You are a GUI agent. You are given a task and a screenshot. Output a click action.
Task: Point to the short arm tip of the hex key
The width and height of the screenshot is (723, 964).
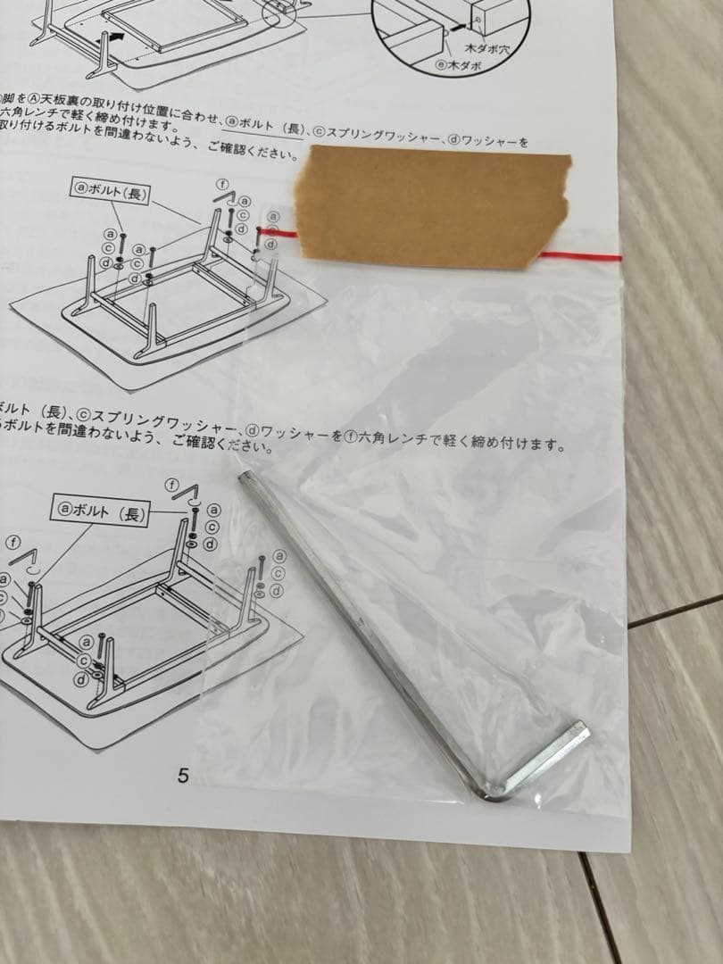581,732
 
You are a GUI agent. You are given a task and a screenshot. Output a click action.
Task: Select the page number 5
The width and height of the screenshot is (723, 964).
183,776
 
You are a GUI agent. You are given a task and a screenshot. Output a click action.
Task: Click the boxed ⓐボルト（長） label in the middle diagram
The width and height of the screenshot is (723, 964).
108,191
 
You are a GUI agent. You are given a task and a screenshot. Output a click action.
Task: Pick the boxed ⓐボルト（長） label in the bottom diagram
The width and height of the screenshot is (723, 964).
100,511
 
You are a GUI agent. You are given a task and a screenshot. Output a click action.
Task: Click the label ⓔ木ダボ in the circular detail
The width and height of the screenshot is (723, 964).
458,65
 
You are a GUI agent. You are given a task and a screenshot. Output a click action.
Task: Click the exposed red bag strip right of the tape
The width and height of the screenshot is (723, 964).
580,257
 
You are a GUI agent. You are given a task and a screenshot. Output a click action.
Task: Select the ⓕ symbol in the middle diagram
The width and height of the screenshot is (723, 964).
223,185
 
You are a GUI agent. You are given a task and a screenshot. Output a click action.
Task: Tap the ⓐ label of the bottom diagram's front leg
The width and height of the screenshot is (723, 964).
87,642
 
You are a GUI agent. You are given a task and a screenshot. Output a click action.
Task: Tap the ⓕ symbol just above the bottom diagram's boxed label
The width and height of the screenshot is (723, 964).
174,485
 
